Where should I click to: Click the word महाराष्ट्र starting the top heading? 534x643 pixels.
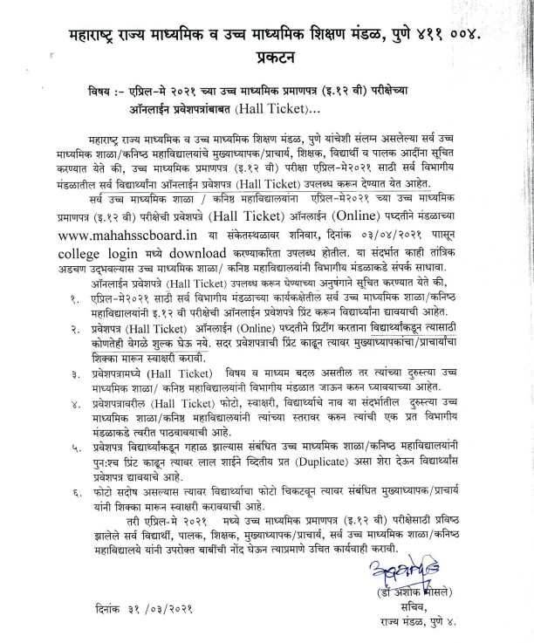[x=102, y=36]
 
